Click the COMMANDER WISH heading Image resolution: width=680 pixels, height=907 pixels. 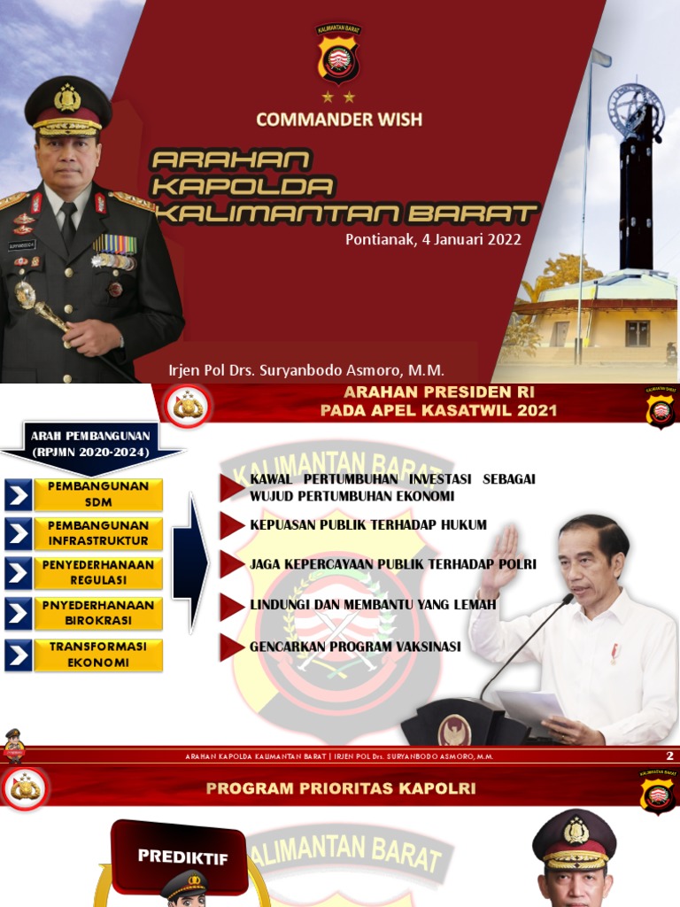pos(339,119)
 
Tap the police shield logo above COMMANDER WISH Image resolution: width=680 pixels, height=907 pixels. pos(338,56)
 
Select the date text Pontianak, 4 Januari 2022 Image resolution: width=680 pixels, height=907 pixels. pos(433,239)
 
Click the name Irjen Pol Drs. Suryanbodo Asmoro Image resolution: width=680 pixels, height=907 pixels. pos(306,370)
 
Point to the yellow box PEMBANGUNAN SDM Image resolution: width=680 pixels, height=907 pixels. pos(97,494)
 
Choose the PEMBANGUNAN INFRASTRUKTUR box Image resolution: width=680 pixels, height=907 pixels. pos(97,533)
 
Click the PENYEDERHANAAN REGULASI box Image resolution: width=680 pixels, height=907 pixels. pos(97,572)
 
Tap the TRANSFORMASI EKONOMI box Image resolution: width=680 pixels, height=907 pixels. pos(97,655)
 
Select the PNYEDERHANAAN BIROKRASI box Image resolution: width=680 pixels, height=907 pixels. pos(97,613)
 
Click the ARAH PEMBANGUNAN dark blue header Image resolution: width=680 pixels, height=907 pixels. pos(93,443)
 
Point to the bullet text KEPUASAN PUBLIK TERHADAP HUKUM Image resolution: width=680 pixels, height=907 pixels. pos(367,525)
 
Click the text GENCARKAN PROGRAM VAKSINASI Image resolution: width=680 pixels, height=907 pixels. pos(355,647)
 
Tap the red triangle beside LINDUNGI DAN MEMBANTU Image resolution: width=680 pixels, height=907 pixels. pos(231,606)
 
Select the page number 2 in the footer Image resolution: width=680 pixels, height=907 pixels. pos(669,756)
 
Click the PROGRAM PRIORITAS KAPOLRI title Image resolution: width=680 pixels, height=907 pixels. pos(341,788)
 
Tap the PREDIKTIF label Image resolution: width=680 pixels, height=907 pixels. pos(182,857)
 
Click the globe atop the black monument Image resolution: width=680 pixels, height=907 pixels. pos(635,108)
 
